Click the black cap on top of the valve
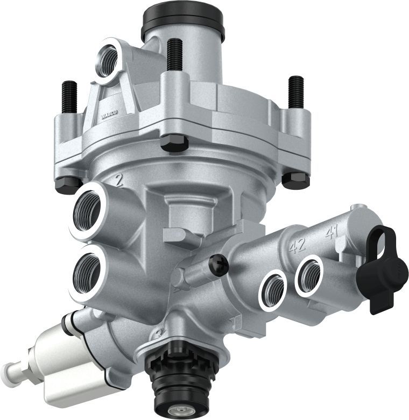pos(182,22)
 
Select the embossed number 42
pos(297,246)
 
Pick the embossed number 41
pos(331,233)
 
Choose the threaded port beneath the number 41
pos(309,274)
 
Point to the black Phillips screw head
pos(219,265)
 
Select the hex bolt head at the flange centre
pos(174,143)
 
